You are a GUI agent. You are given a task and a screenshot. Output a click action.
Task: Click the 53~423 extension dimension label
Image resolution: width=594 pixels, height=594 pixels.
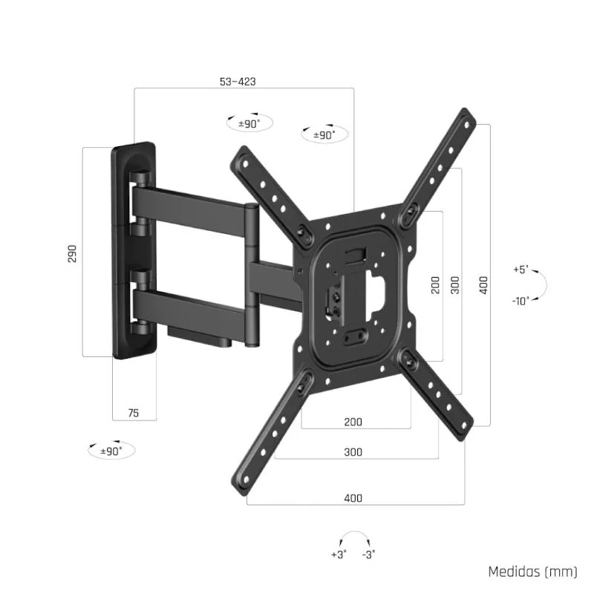click(x=238, y=82)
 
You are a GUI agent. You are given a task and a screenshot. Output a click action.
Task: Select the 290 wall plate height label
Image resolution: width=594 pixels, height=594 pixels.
click(x=72, y=252)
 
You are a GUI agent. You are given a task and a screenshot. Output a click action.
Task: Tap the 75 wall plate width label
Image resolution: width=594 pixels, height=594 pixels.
click(x=134, y=413)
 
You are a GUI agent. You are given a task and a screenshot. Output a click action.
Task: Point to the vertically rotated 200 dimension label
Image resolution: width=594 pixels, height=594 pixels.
click(x=435, y=285)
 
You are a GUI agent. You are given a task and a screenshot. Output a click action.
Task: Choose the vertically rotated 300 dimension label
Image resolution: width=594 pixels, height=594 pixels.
click(x=455, y=285)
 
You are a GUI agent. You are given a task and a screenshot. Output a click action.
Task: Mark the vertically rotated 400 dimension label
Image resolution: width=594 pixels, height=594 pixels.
click(x=483, y=285)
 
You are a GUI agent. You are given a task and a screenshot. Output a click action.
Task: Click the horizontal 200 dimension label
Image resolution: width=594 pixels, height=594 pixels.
click(x=353, y=422)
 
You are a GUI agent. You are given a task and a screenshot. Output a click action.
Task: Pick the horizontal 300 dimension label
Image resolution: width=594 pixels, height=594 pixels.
click(x=353, y=451)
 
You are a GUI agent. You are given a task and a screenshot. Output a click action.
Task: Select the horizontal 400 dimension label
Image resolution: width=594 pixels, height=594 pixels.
click(x=353, y=497)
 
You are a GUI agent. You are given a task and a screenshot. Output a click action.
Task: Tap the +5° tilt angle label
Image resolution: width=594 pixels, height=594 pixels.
click(x=520, y=270)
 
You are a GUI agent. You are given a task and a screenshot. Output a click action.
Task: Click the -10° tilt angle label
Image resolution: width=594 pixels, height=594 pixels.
click(x=520, y=301)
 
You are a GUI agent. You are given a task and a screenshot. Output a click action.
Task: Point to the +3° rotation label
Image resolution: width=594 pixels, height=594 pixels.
click(x=339, y=554)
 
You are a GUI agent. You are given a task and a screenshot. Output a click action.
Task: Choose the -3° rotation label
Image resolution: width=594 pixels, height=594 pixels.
click(x=368, y=554)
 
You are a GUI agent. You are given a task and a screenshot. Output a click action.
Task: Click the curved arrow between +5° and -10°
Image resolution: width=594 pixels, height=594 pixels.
click(x=542, y=285)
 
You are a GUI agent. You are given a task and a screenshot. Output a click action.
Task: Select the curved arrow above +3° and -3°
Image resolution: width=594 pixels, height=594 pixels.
click(x=353, y=536)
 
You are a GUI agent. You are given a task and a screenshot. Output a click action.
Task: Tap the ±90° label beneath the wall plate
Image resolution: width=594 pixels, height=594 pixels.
click(x=111, y=450)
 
